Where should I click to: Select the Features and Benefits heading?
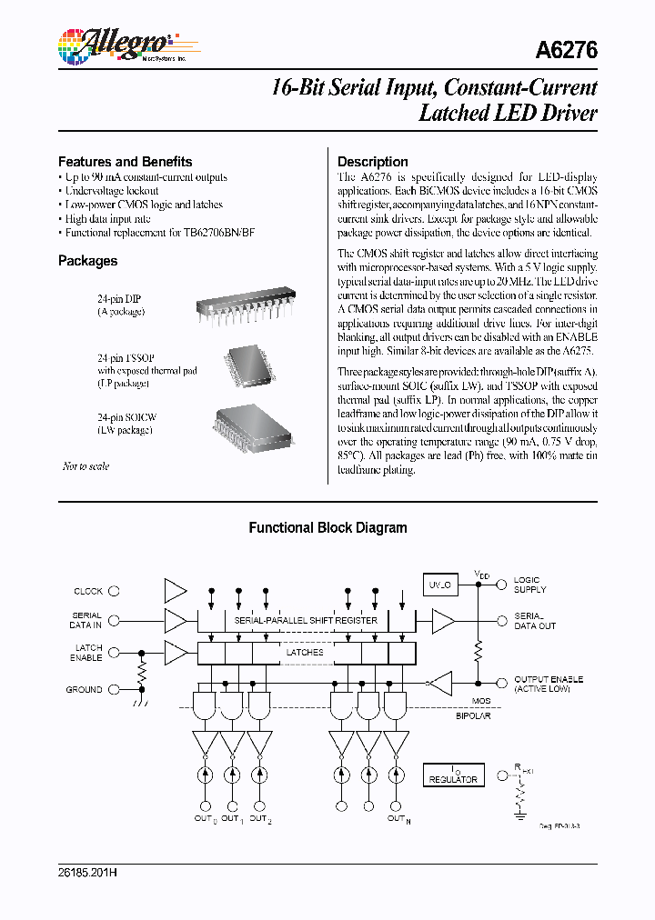pyautogui.click(x=125, y=161)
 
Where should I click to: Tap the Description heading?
pyautogui.click(x=372, y=161)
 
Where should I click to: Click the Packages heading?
pyautogui.click(x=87, y=261)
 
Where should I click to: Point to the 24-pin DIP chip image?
pyautogui.click(x=246, y=308)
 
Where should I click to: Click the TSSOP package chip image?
pyautogui.click(x=247, y=364)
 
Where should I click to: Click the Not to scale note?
pyautogui.click(x=86, y=466)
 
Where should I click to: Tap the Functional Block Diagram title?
pyautogui.click(x=327, y=528)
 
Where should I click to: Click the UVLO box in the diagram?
pyautogui.click(x=441, y=586)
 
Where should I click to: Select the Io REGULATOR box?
pyautogui.click(x=453, y=775)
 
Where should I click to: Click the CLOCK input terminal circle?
pyautogui.click(x=115, y=591)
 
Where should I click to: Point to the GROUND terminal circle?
pyautogui.click(x=115, y=690)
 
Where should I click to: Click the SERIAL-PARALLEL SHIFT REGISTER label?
pyautogui.click(x=306, y=620)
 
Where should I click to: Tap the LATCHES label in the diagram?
pyautogui.click(x=305, y=652)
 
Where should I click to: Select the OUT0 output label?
pyautogui.click(x=206, y=819)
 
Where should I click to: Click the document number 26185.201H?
pyautogui.click(x=87, y=873)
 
